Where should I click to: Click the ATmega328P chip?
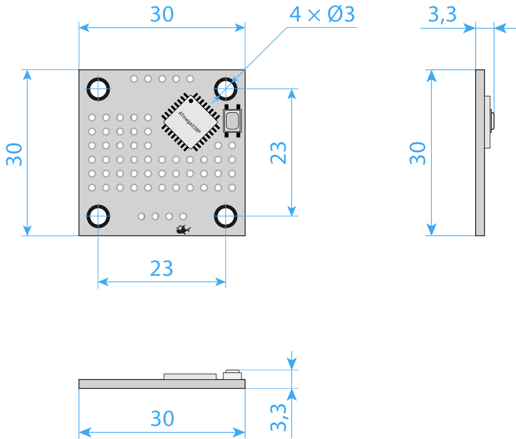pyautogui.click(x=190, y=122)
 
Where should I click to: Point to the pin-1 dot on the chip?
pyautogui.click(x=191, y=101)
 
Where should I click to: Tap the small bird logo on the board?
pyautogui.click(x=183, y=229)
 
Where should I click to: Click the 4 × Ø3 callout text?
pyautogui.click(x=322, y=14)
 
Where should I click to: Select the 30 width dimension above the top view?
pyautogui.click(x=162, y=14)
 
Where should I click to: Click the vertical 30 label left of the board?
pyautogui.click(x=14, y=154)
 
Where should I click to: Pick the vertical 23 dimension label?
pyautogui.click(x=279, y=153)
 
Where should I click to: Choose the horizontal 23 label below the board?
pyautogui.click(x=162, y=268)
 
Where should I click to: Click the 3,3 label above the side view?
pyautogui.click(x=442, y=14)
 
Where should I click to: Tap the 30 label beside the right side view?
pyautogui.click(x=417, y=153)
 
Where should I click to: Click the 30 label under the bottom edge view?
pyautogui.click(x=162, y=418)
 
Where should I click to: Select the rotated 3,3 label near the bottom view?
pyautogui.click(x=279, y=417)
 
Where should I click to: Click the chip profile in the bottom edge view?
pyautogui.click(x=190, y=377)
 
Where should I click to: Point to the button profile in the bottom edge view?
pyautogui.click(x=232, y=375)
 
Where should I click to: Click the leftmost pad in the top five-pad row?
pyautogui.click(x=134, y=79)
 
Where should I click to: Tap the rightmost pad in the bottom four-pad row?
pyautogui.click(x=183, y=216)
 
